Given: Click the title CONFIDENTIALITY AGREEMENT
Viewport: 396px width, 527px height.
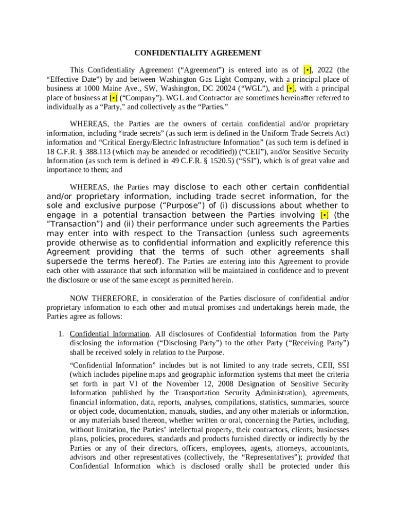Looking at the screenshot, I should tap(198, 53).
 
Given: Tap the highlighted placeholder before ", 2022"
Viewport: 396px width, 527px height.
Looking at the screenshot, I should tap(307, 70).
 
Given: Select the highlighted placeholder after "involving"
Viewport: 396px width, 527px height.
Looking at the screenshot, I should tap(325, 215).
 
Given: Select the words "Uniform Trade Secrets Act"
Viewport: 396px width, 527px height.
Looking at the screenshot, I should tap(305, 133).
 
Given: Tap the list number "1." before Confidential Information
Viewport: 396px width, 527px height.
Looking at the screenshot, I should tap(61, 334).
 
